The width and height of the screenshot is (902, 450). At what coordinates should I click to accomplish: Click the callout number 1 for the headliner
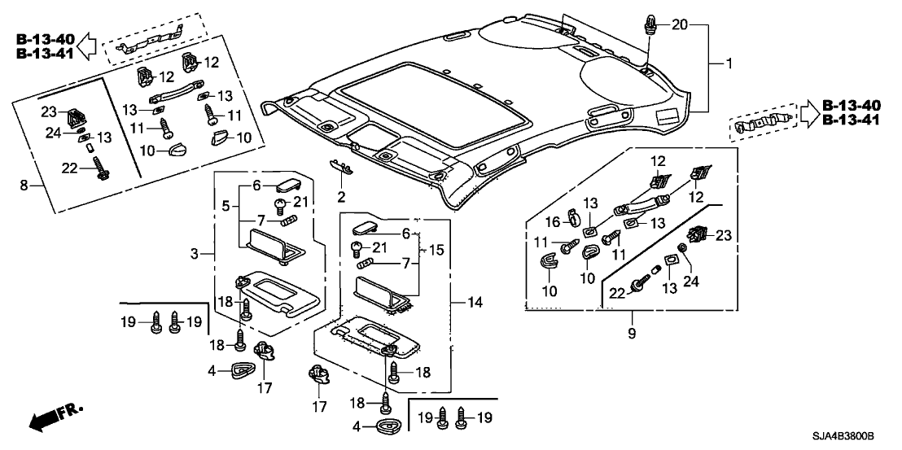coord(729,62)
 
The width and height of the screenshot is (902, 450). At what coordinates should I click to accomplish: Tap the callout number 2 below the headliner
coord(342,196)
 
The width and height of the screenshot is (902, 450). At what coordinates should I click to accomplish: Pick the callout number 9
coord(631,334)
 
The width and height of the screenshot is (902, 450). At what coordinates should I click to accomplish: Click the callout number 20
coord(679,26)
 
